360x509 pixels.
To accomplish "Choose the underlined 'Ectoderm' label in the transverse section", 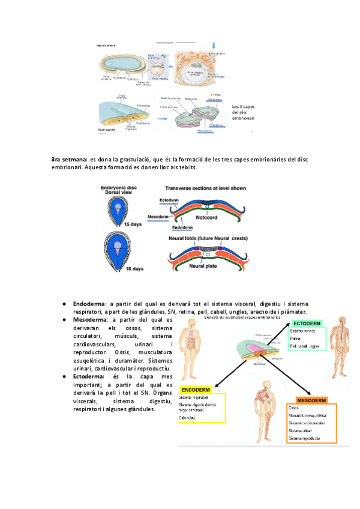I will tap(169, 200).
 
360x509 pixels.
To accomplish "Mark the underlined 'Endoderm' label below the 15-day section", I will tap(182, 228).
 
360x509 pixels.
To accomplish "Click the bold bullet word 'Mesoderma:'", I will tap(90, 320).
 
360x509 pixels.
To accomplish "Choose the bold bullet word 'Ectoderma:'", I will tap(89, 376).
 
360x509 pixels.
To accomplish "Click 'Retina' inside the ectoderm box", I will tap(296, 339).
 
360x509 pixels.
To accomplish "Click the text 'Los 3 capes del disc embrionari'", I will tap(242, 113).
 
